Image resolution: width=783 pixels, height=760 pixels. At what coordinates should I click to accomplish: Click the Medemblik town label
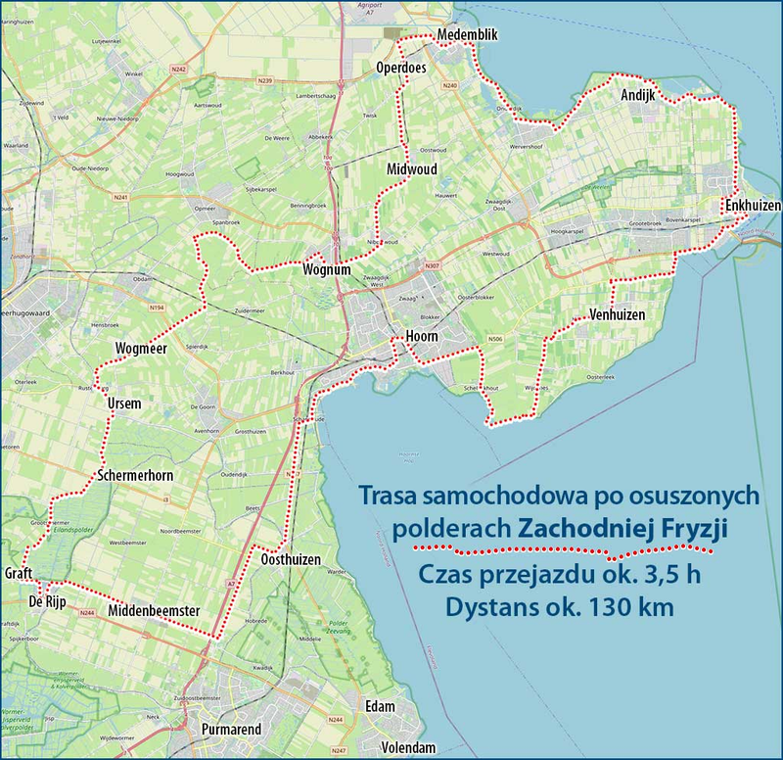pos(468,35)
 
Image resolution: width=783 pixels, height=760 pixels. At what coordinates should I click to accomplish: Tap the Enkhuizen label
pos(753,205)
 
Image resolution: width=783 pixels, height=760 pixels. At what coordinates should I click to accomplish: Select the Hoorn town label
pos(421,337)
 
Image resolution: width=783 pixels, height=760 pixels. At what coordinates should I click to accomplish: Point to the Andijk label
pos(637,95)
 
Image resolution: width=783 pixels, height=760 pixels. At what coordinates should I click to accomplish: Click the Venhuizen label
pos(618,314)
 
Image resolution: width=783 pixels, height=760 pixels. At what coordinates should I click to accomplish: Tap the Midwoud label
pos(410,168)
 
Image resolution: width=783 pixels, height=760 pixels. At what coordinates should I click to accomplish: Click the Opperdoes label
pos(402,68)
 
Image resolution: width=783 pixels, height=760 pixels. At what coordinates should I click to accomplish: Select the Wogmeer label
pos(141,349)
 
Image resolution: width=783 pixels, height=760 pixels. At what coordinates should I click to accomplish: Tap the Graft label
pos(21,572)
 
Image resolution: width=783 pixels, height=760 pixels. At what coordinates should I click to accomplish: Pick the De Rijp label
pos(47,601)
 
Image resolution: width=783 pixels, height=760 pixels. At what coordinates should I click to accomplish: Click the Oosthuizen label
pos(292,559)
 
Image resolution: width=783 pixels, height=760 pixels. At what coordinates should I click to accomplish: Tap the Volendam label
pos(408,747)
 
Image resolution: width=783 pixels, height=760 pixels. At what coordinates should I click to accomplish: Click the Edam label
pos(379,708)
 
